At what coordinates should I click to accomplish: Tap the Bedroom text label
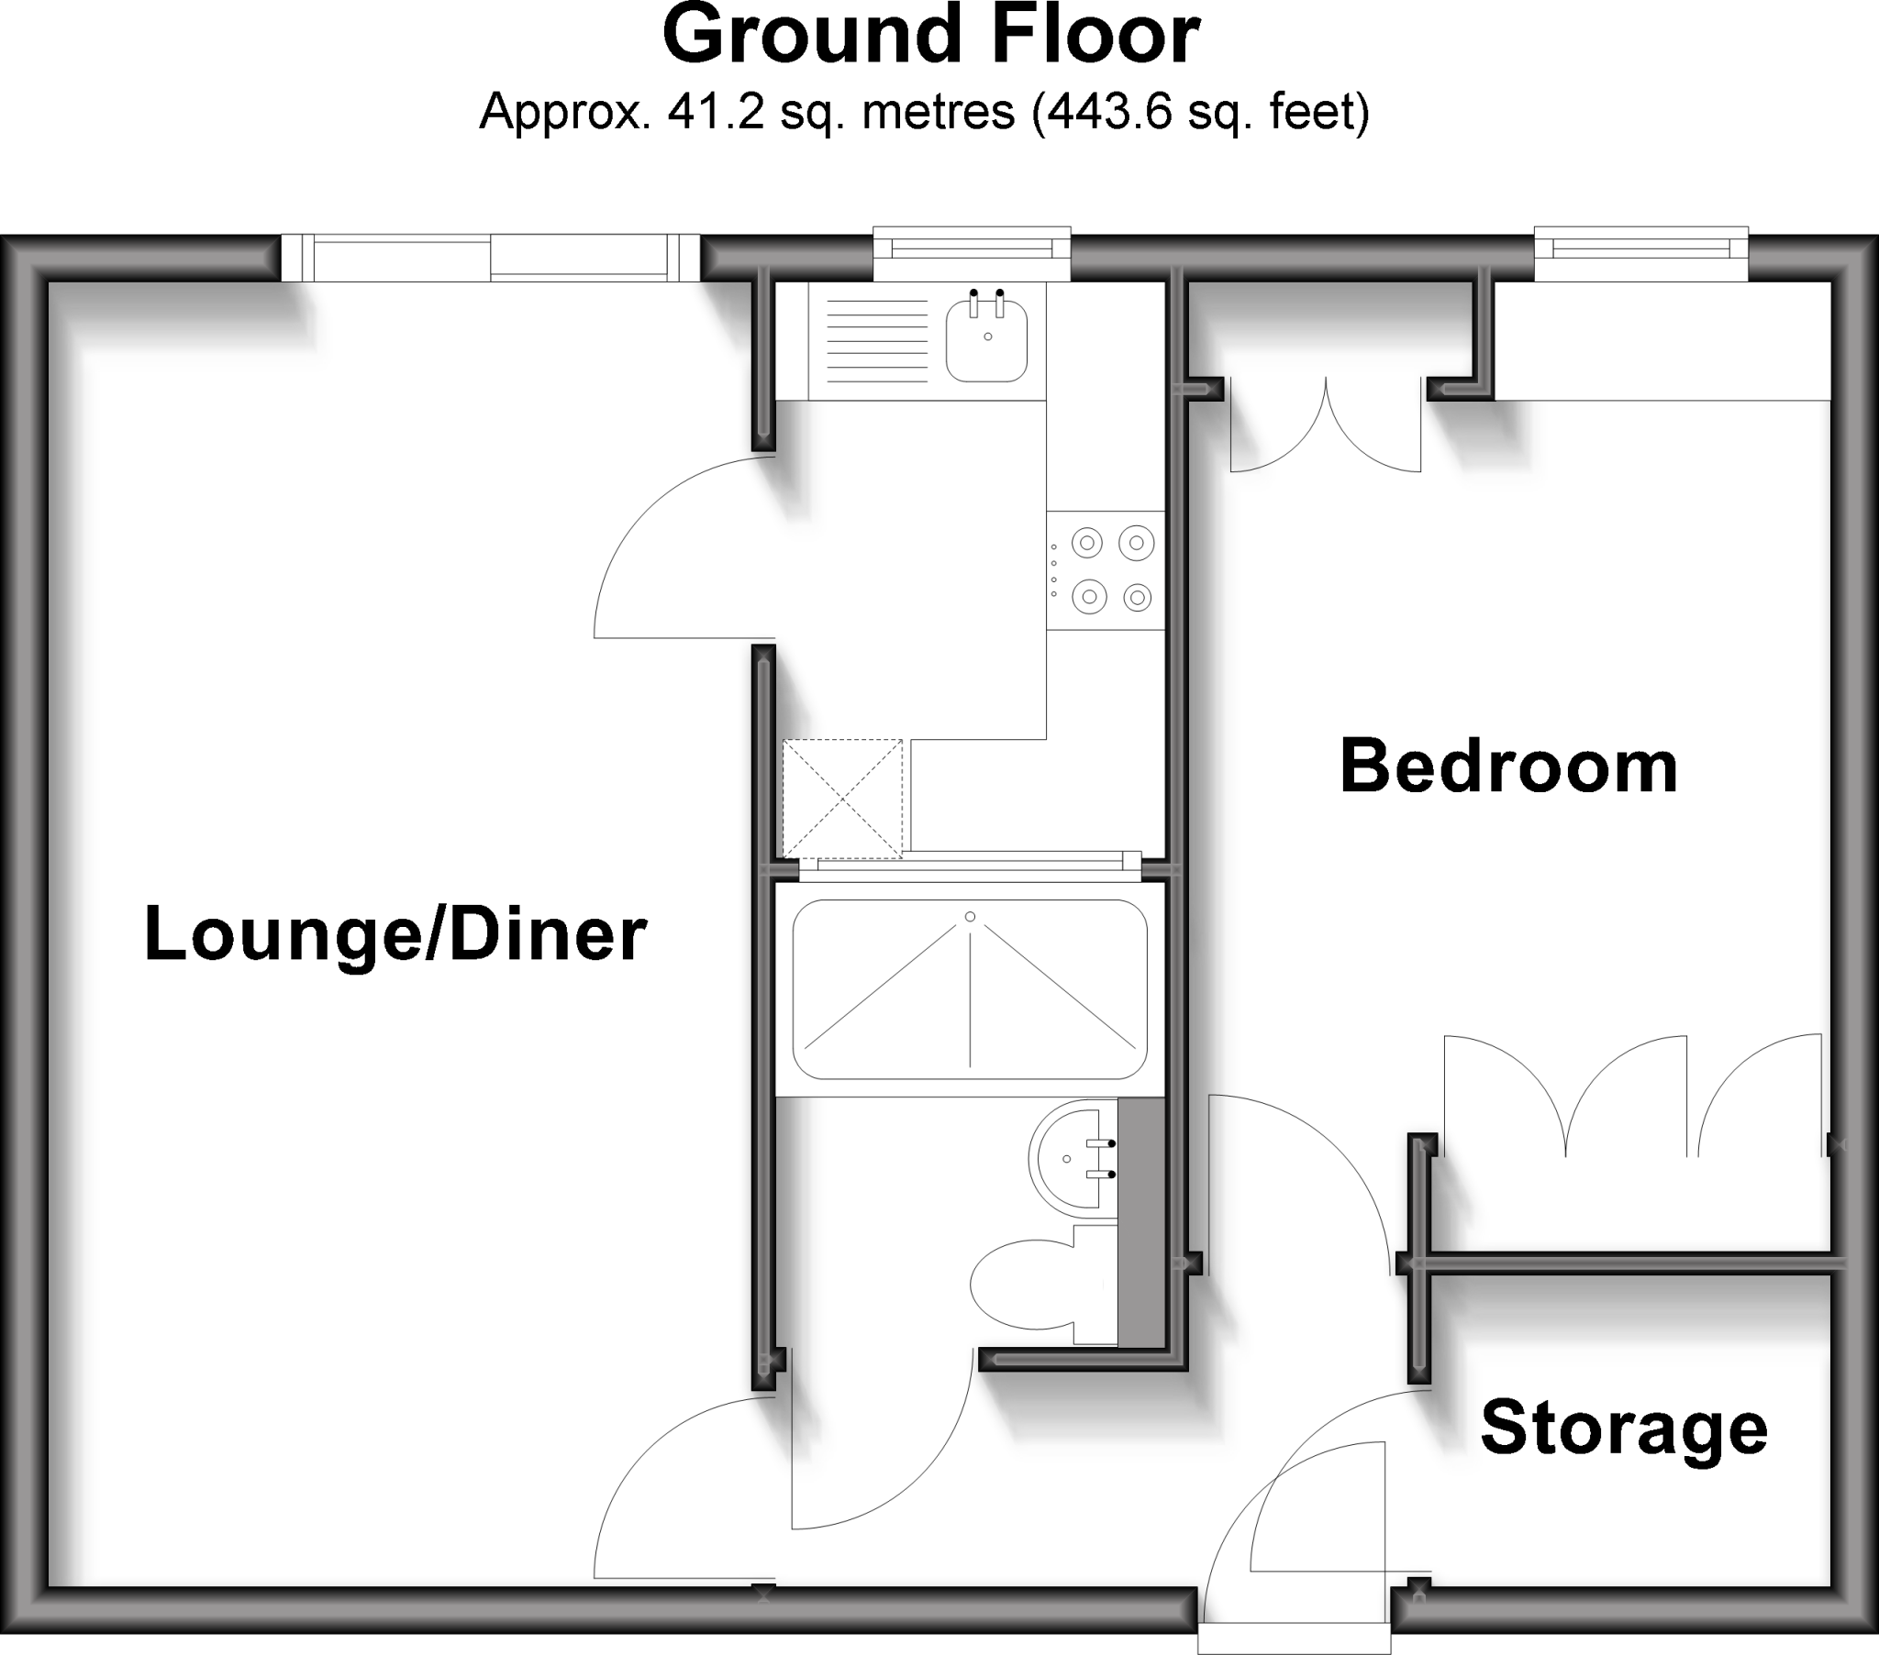coord(1508,767)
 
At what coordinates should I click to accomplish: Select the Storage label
coord(1623,1428)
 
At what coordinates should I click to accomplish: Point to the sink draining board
coord(877,341)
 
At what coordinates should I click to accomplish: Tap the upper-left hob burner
coord(1087,543)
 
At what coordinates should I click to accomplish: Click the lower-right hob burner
coord(1137,598)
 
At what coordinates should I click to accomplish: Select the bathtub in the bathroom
coord(970,988)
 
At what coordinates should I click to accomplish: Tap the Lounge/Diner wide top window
coord(490,259)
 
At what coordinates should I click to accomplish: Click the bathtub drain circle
coord(970,917)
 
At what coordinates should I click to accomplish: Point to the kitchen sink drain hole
coord(988,337)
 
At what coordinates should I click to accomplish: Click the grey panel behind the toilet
coord(1140,1222)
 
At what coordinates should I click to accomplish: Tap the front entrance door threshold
coord(1294,1638)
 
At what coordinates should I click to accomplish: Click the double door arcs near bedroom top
coord(1326,432)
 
